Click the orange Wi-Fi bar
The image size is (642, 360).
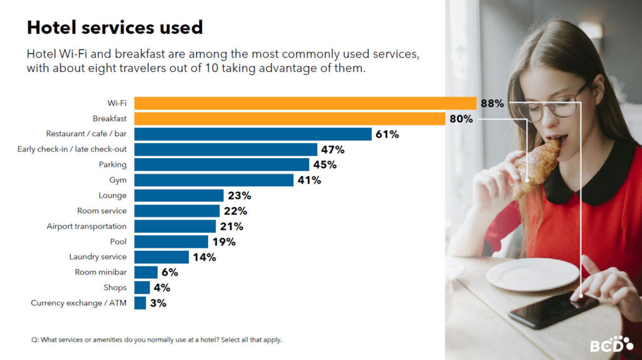pyautogui.click(x=305, y=103)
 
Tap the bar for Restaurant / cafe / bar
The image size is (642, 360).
pyautogui.click(x=253, y=134)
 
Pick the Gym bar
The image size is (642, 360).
pyautogui.click(x=214, y=180)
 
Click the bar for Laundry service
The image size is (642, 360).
pyautogui.click(x=161, y=257)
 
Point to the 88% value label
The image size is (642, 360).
pyautogui.click(x=492, y=103)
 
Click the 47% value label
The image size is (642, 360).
pyautogui.click(x=332, y=149)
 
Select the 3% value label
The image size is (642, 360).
pyautogui.click(x=158, y=303)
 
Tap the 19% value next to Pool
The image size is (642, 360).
pyautogui.click(x=224, y=241)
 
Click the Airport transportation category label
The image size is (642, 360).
pyautogui.click(x=87, y=226)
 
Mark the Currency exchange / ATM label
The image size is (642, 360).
pyautogui.click(x=78, y=303)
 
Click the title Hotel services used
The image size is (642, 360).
pyautogui.click(x=114, y=28)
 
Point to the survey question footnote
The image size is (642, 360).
pyautogui.click(x=156, y=340)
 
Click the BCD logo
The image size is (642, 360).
pyautogui.click(x=611, y=344)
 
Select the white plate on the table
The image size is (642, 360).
pyautogui.click(x=532, y=274)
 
